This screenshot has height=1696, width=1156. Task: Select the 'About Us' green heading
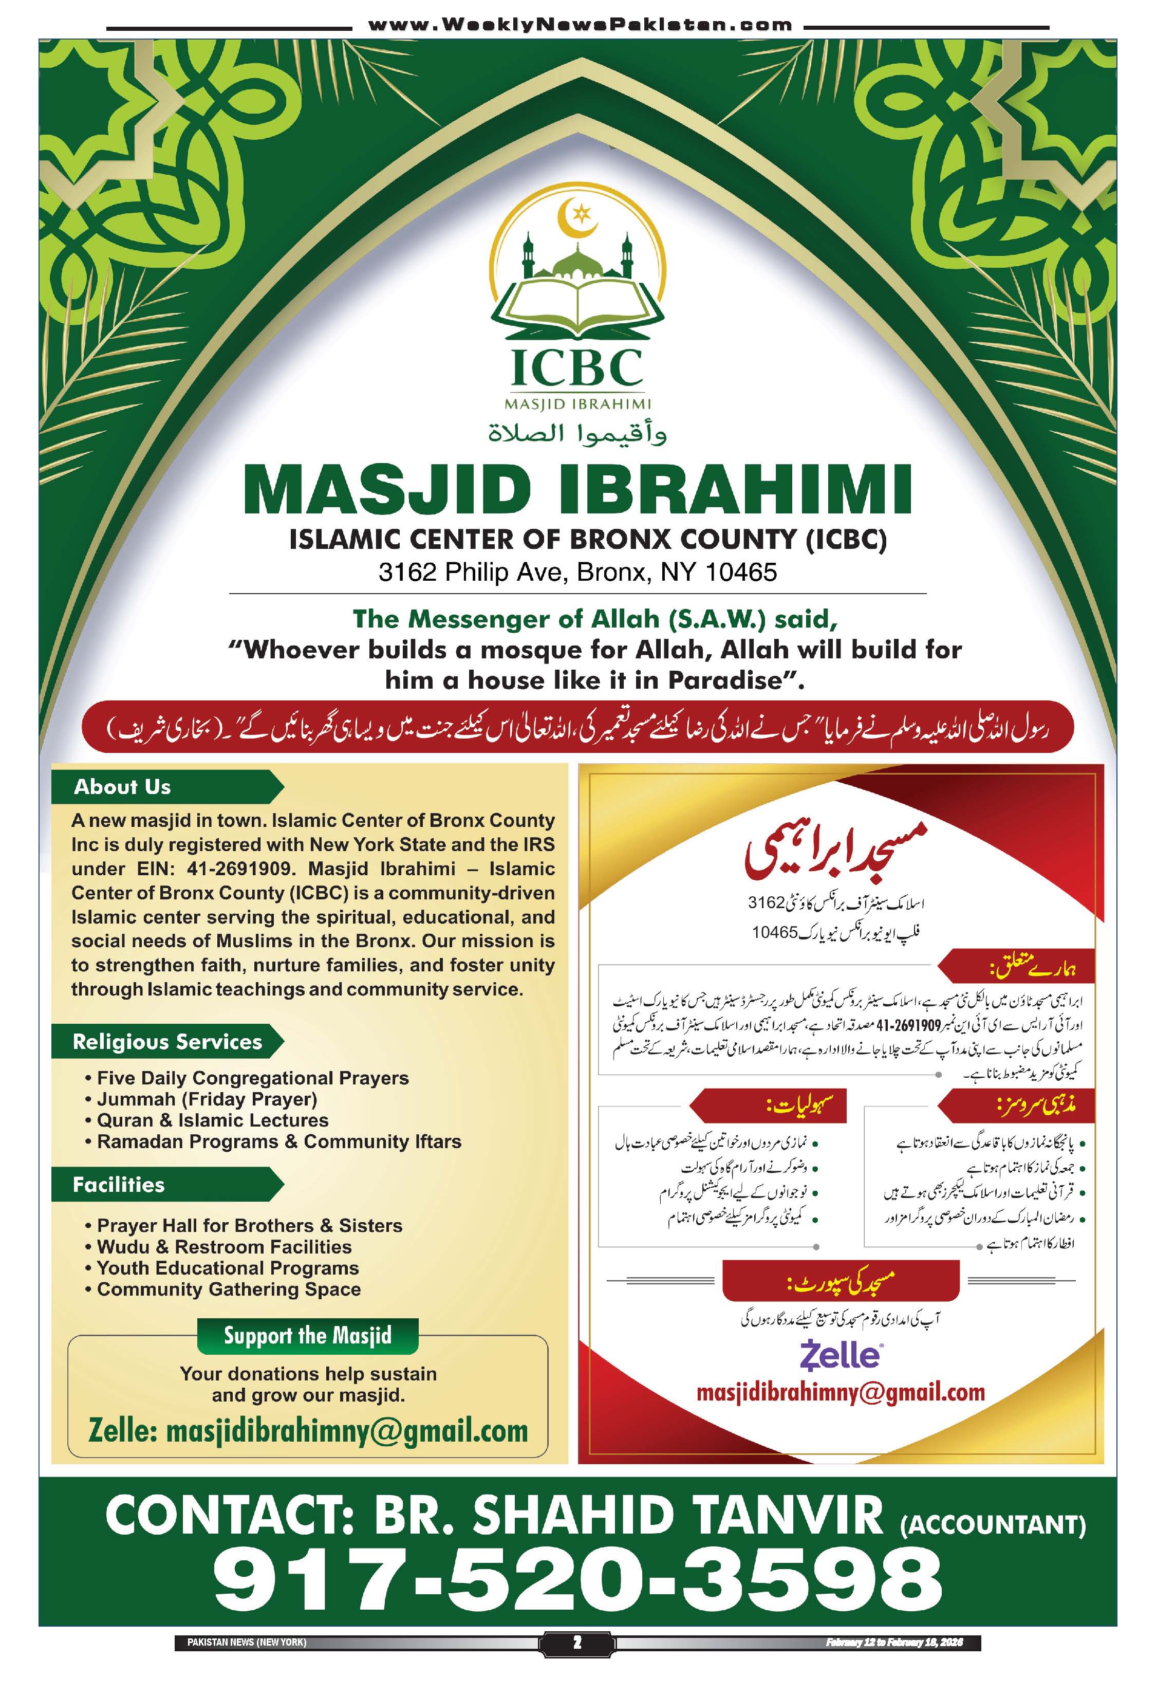coord(122,787)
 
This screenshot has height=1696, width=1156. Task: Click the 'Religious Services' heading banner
coord(167,1041)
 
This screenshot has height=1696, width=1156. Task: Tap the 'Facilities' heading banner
coord(119,1185)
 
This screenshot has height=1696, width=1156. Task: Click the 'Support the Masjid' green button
coord(307,1336)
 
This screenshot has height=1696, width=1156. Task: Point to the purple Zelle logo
coord(840,1355)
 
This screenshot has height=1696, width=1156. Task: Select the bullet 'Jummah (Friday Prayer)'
coord(207,1099)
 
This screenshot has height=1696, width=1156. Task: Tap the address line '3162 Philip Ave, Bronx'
coord(577,572)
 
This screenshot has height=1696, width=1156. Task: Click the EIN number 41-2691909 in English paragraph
coord(239,869)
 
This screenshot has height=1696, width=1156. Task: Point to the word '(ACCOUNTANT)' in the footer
coord(992,1524)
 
